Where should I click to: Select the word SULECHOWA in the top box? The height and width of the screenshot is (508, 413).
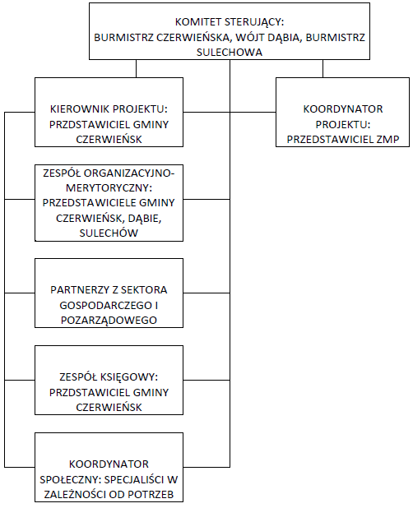(x=230, y=52)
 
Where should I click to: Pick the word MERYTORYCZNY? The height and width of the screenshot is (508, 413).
(x=108, y=188)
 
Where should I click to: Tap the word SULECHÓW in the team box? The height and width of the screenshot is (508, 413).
(x=109, y=233)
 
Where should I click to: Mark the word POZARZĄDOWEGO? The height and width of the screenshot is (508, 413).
(x=109, y=320)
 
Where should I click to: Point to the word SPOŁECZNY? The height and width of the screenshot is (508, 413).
(x=69, y=479)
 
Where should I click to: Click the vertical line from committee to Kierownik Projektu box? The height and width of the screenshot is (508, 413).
(x=136, y=69)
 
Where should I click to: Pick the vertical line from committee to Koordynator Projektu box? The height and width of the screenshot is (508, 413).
(x=323, y=69)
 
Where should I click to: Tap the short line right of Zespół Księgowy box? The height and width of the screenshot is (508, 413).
(x=206, y=380)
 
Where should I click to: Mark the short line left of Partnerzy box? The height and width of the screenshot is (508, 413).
(x=20, y=293)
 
